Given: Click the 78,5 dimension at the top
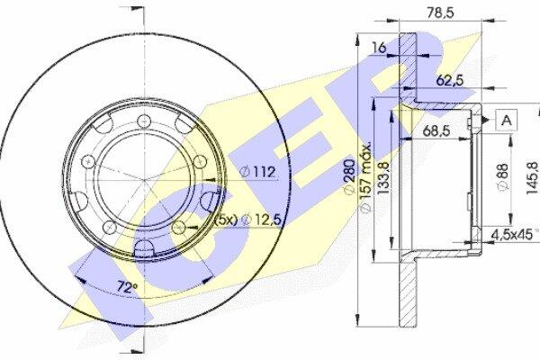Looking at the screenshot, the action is [x=441, y=13].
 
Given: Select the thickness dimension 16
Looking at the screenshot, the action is [x=379, y=48].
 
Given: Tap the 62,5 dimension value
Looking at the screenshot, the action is [x=450, y=81].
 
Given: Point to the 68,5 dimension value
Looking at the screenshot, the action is [x=436, y=130].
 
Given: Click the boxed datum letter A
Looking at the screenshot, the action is [x=506, y=121].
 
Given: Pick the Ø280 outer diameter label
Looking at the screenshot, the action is [x=349, y=176].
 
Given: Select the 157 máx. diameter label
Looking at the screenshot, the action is [x=365, y=176].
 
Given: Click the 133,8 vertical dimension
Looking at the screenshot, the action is [x=383, y=179].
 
